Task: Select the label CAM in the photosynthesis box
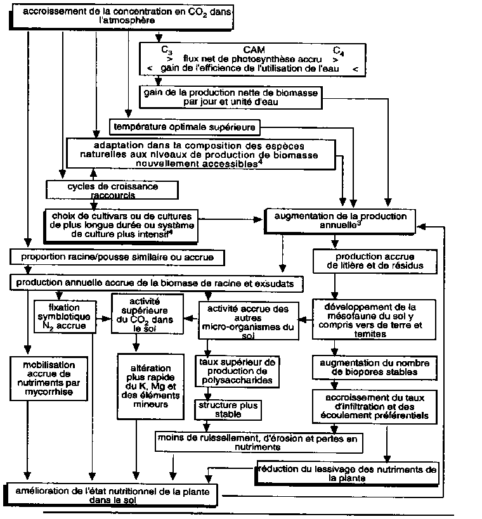(254, 49)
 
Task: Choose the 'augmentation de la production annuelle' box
(340, 220)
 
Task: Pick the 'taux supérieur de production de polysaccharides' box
(237, 371)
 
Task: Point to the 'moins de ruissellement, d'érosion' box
(259, 442)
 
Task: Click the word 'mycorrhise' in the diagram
(49, 393)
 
